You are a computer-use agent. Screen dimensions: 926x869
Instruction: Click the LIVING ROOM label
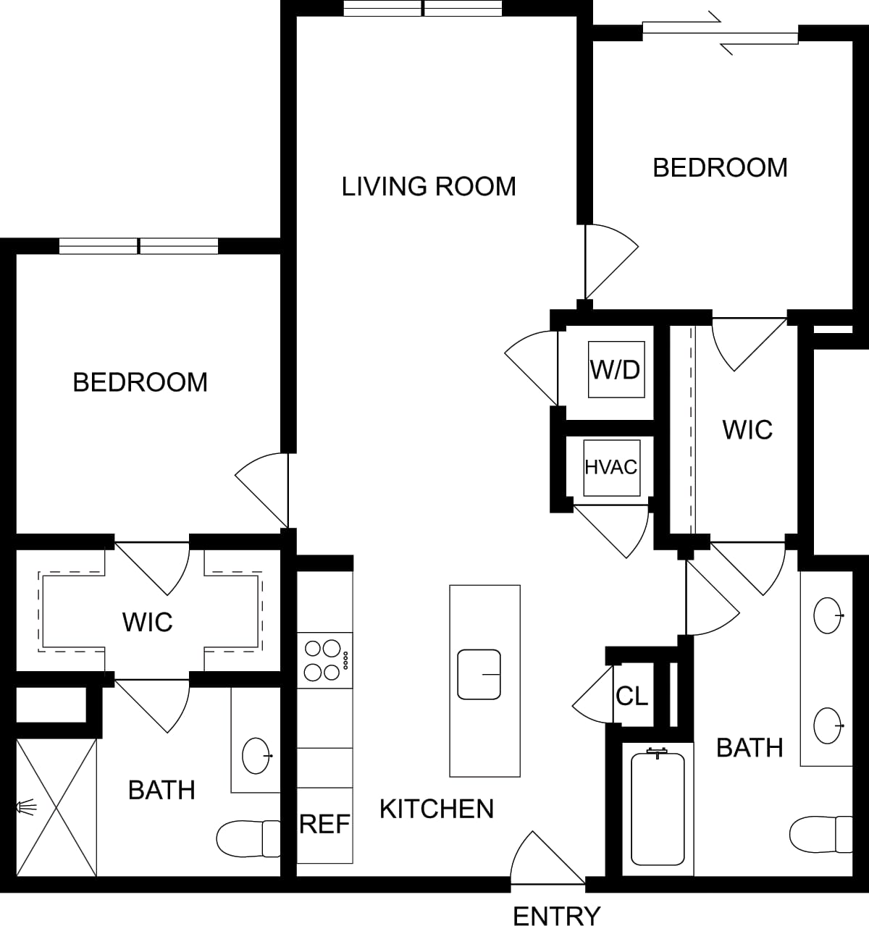(429, 187)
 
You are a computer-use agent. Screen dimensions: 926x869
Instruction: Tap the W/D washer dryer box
(616, 369)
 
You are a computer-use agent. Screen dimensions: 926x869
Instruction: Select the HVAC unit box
(612, 468)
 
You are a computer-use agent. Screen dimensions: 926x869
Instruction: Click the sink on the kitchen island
(479, 674)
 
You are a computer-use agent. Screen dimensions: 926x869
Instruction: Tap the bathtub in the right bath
(658, 808)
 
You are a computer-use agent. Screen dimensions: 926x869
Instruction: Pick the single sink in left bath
(256, 756)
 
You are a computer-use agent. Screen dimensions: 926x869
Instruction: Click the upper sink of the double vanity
(828, 616)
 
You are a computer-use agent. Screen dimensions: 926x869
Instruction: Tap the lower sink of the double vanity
(828, 725)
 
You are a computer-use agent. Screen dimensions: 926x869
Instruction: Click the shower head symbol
(25, 806)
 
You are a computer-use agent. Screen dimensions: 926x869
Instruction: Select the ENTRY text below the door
(556, 916)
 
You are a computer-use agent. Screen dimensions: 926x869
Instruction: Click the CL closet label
(631, 696)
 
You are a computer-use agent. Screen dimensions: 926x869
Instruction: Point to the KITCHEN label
(437, 809)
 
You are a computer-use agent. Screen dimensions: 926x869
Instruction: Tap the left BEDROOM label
(140, 382)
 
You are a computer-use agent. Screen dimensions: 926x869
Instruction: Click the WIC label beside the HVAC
(747, 430)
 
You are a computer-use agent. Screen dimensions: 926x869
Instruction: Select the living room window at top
(423, 9)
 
